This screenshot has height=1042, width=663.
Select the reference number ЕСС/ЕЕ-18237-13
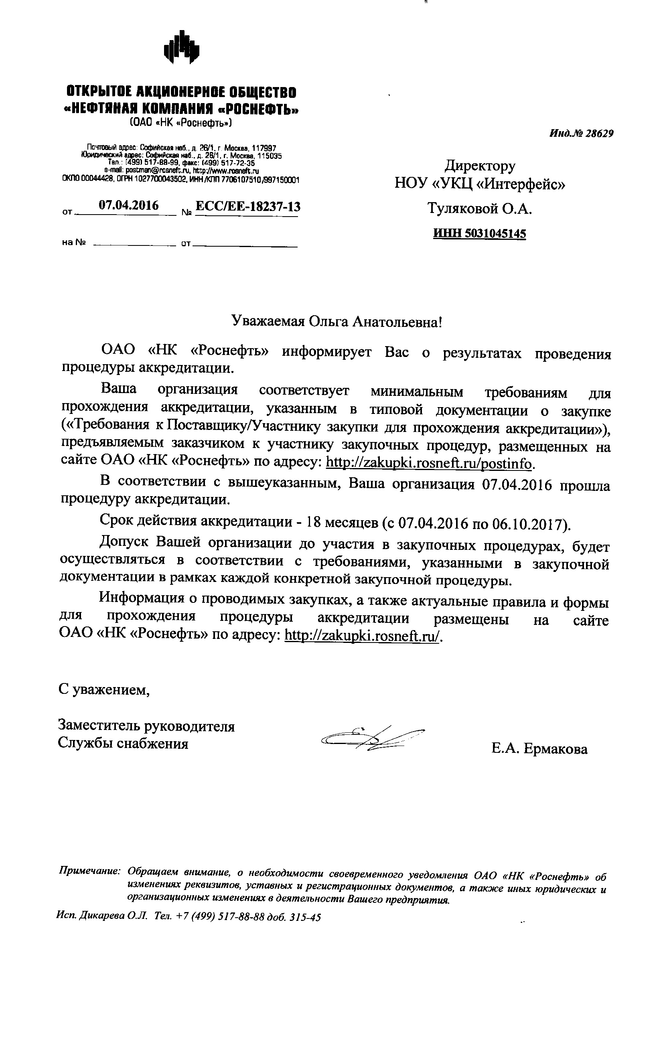click(248, 207)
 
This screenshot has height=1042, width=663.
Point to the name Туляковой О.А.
click(480, 209)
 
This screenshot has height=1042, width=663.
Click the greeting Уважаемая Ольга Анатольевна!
click(337, 322)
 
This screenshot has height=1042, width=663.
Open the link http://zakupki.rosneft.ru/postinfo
click(428, 463)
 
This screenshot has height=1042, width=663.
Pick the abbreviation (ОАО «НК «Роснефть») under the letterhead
click(181, 123)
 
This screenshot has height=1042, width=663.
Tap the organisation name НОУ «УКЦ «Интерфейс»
click(480, 185)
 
